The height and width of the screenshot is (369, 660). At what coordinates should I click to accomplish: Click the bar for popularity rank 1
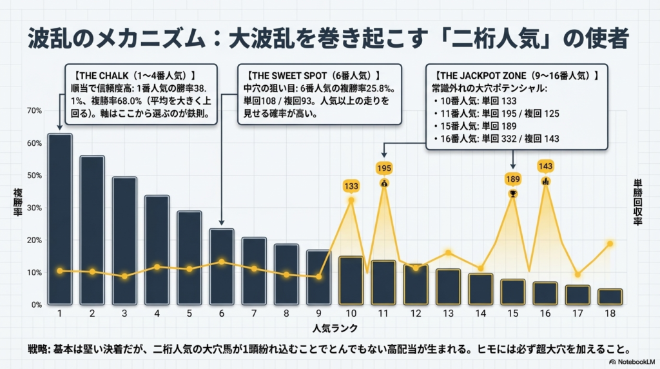click(x=60, y=219)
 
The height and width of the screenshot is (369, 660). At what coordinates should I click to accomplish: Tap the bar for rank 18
click(x=610, y=297)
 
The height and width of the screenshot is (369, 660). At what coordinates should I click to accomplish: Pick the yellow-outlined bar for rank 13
click(x=448, y=286)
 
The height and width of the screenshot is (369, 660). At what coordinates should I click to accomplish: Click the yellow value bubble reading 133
click(x=351, y=186)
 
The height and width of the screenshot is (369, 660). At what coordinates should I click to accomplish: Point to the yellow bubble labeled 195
click(x=384, y=168)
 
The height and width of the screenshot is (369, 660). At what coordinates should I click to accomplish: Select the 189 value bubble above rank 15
click(x=513, y=179)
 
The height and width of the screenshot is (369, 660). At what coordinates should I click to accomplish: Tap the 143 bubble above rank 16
click(x=545, y=166)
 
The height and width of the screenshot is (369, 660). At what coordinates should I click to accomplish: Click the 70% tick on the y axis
click(x=33, y=111)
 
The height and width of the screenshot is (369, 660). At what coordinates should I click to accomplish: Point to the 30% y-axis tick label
click(x=33, y=208)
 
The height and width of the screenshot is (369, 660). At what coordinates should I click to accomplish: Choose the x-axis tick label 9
click(x=318, y=313)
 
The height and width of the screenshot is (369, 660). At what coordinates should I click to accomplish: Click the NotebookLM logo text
click(x=632, y=362)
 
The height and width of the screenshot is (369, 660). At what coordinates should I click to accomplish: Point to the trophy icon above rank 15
click(x=513, y=193)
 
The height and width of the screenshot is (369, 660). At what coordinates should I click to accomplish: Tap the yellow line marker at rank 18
click(x=610, y=244)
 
